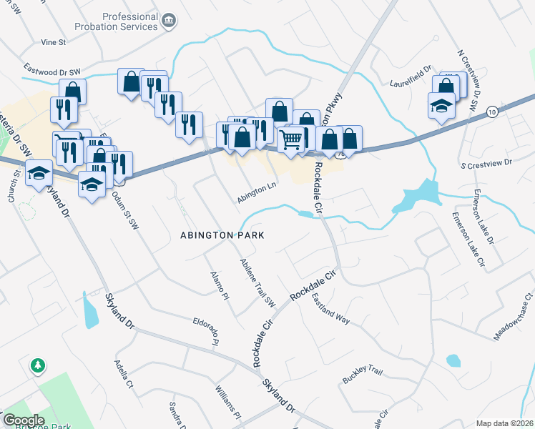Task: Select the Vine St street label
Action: [x=54, y=42]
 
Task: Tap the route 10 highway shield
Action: [x=491, y=112]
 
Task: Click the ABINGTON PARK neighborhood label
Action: [x=222, y=235]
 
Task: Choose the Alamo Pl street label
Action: [x=218, y=285]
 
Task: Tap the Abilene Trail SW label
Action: [x=257, y=282]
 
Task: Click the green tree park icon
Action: [x=37, y=366]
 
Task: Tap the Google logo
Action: [x=24, y=420]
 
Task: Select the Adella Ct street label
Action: [x=124, y=373]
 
